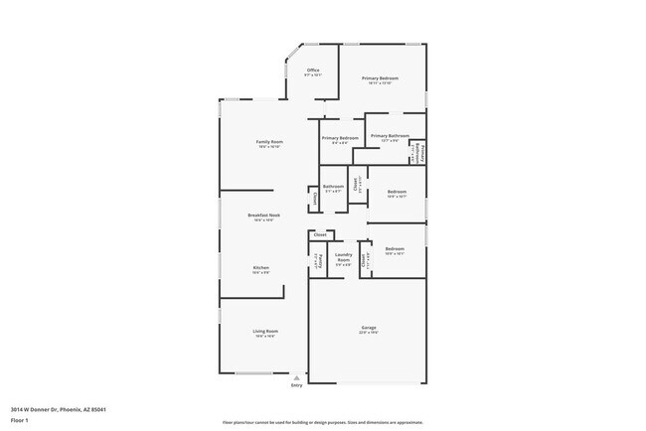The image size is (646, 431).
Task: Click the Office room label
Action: [x=312, y=71]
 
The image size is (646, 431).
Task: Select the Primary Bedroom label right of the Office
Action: [x=380, y=78]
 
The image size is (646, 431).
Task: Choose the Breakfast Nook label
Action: [x=263, y=215]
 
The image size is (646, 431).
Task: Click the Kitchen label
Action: [x=260, y=267]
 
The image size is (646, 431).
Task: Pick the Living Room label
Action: [x=264, y=331]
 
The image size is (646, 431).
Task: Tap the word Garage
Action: [x=369, y=327]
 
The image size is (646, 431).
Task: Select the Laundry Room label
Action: [x=343, y=257]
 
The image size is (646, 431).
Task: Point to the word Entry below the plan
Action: [x=296, y=385]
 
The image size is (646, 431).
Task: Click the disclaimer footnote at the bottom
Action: [x=322, y=422]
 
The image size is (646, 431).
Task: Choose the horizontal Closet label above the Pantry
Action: [x=319, y=235]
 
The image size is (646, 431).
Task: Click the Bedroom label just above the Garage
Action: [x=395, y=249]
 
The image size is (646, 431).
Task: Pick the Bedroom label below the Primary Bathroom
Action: [x=397, y=191]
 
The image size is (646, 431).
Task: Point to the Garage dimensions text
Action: [x=369, y=333]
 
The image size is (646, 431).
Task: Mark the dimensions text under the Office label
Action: [x=312, y=75]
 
